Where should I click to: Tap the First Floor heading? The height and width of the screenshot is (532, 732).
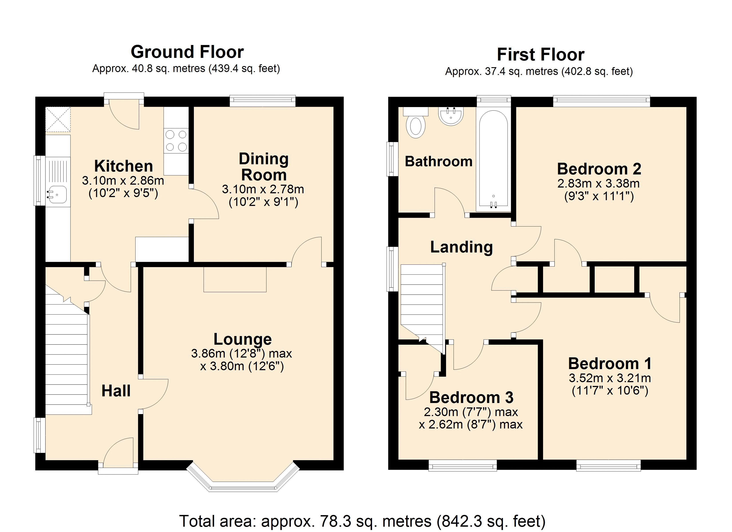coord(540,55)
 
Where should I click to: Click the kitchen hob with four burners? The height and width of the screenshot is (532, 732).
coord(176,141)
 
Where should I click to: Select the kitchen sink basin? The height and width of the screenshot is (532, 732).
coord(57,195)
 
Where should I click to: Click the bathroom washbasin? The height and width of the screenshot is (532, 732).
coord(451,116)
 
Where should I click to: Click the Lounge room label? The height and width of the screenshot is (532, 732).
coord(242,339)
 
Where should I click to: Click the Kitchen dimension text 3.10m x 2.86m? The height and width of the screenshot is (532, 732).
coord(123,181)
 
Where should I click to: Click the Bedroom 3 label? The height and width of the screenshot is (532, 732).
coord(471,397)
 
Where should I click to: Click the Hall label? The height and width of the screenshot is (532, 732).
coord(116,391)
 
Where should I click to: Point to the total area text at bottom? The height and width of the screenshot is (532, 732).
coord(362,521)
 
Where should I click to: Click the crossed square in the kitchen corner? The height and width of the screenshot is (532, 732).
coord(58,119)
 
